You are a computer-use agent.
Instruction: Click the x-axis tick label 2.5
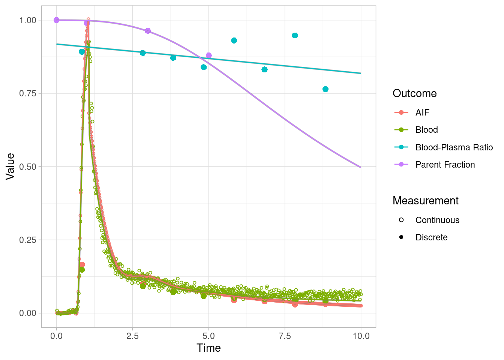(x=132, y=336)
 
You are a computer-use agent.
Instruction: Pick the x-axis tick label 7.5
(x=285, y=336)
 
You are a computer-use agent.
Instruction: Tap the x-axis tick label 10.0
(x=361, y=336)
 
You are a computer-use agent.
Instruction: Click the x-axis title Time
(x=208, y=348)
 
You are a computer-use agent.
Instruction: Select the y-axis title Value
(x=10, y=166)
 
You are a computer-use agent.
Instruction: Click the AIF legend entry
(x=422, y=112)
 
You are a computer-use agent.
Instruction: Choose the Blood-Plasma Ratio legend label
(x=454, y=147)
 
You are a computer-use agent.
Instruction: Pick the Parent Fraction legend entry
(x=445, y=165)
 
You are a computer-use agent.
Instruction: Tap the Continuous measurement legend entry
(x=437, y=220)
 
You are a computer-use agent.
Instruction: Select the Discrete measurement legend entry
(x=431, y=237)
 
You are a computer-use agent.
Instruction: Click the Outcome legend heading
(x=414, y=93)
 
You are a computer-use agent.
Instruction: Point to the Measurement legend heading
(x=425, y=201)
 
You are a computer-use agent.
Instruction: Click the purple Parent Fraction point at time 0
(x=57, y=20)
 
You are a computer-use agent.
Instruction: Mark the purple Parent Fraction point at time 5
(x=209, y=55)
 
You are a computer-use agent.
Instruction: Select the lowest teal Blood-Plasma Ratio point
(x=325, y=89)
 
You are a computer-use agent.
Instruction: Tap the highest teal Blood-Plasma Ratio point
(x=295, y=36)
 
